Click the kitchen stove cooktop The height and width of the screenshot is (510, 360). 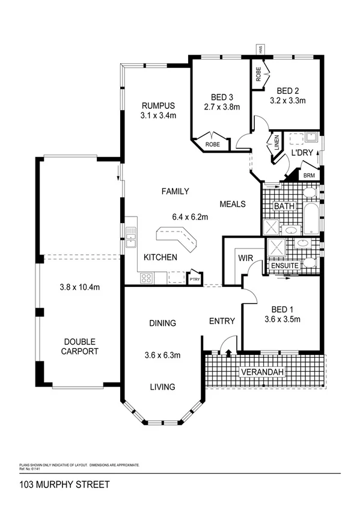(145, 278)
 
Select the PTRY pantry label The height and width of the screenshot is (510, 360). (194, 279)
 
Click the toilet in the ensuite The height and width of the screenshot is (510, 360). (309, 262)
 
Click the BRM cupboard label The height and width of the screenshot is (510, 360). (309, 176)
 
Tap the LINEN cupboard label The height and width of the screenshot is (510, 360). (277, 143)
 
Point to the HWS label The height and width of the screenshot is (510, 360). (260, 50)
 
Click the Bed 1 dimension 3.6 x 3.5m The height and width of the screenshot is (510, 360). (282, 319)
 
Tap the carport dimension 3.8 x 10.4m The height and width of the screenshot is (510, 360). (79, 287)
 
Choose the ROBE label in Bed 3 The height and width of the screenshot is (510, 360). (212, 144)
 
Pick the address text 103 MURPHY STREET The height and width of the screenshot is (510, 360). (56, 484)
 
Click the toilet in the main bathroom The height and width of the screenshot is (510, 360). (309, 192)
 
